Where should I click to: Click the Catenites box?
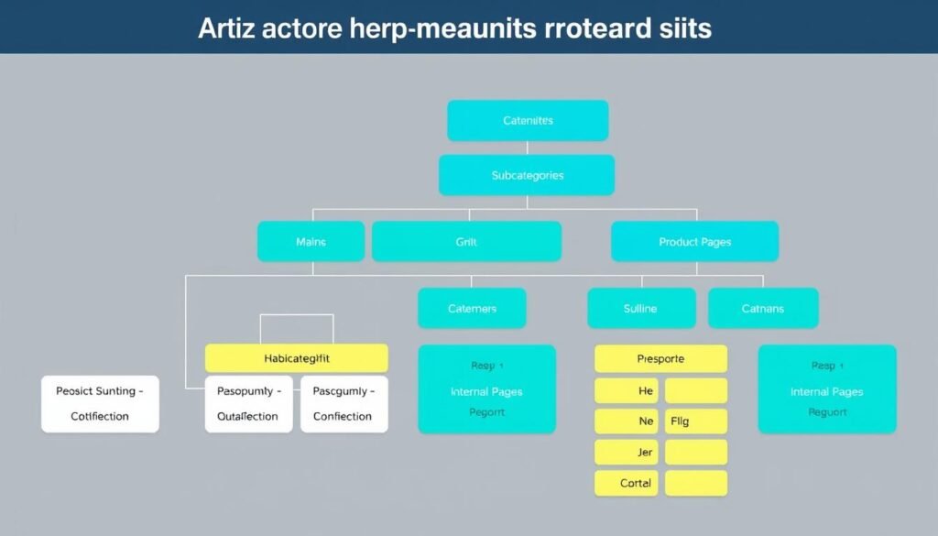(528, 120)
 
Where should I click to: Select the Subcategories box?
(527, 175)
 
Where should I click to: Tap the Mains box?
(311, 242)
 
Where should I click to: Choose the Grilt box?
(466, 242)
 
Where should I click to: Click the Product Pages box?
(694, 242)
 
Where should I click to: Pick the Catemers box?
(472, 309)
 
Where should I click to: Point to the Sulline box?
(640, 309)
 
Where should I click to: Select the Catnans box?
(762, 309)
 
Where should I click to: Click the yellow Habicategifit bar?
(296, 358)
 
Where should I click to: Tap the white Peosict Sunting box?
(100, 404)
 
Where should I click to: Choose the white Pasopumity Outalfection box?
(248, 404)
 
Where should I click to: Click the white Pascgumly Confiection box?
(344, 404)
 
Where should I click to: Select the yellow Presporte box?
(660, 359)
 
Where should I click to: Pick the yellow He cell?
(627, 391)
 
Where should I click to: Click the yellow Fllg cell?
(695, 421)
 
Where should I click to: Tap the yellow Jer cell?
(627, 453)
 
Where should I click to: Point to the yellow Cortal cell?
(627, 483)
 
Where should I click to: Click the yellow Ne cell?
(627, 421)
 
